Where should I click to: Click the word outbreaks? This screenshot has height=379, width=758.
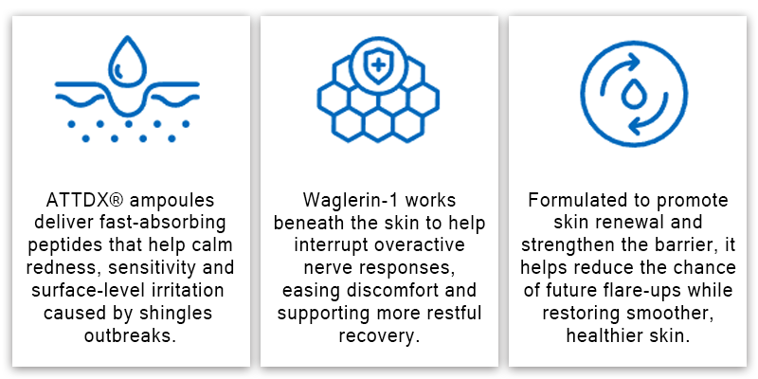coord(130,335)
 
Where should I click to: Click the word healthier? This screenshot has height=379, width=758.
coord(603,335)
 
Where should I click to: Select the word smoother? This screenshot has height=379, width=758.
coord(670,314)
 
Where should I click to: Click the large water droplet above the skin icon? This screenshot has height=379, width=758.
coord(127,62)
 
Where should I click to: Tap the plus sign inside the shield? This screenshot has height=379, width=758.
coord(378,64)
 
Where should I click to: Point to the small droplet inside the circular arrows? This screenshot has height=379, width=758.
coord(633,94)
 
